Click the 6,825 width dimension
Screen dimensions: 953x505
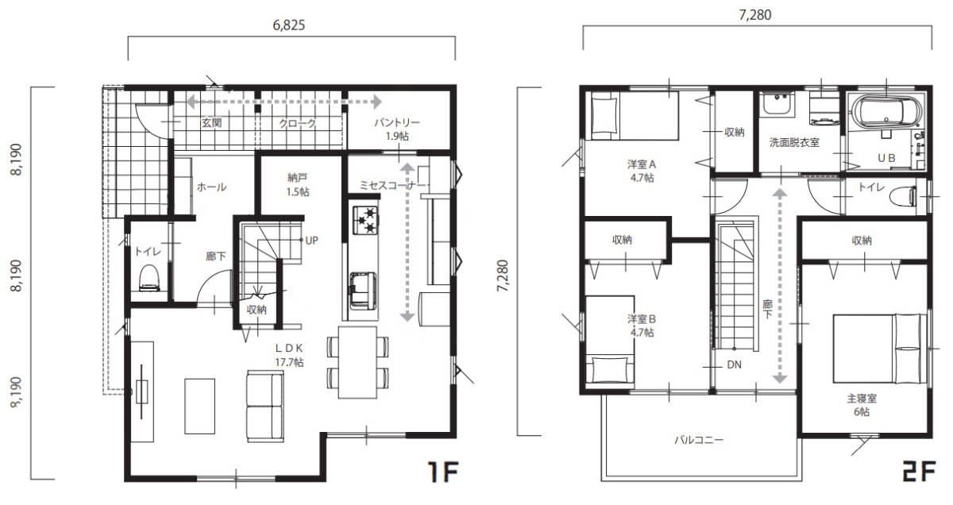[x=289, y=25]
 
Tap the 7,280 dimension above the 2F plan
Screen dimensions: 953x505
[x=754, y=15]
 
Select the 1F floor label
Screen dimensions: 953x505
[x=443, y=472]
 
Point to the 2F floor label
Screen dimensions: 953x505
[x=919, y=472]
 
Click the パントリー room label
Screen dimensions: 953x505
[x=397, y=123]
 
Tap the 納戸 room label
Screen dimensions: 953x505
[x=297, y=178]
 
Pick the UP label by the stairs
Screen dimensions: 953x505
[x=311, y=241]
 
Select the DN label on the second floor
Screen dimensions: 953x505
[x=734, y=364]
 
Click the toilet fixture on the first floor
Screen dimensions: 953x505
[x=149, y=278]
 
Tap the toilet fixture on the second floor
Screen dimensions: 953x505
[x=906, y=197]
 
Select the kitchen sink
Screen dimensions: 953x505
[x=362, y=291]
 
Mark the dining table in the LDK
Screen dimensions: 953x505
[x=358, y=362]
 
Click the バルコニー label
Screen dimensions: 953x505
[x=699, y=440]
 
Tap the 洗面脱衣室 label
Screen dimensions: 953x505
[x=794, y=142]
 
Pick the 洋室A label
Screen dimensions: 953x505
[x=642, y=164]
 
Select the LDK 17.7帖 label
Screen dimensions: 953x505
[x=289, y=355]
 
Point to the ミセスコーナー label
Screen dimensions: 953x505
[x=392, y=186]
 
